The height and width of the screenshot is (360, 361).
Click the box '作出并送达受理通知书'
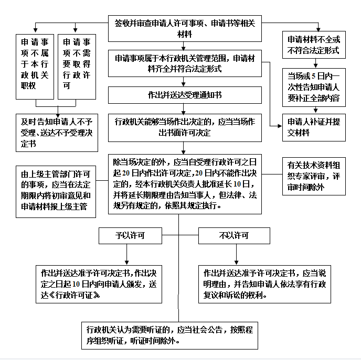pyautogui.click(x=185, y=95)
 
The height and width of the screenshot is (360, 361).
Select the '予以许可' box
pyautogui.click(x=130, y=236)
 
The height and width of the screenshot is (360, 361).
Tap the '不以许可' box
pyautogui.click(x=234, y=236)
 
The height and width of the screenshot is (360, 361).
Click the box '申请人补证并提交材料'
pyautogui.click(x=314, y=127)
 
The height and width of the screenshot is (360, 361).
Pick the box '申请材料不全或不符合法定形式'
pyautogui.click(x=314, y=45)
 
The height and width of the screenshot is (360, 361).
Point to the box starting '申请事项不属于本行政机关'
pyautogui.click(x=35, y=67)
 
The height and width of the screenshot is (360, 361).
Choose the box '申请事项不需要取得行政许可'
pyautogui.click(x=77, y=67)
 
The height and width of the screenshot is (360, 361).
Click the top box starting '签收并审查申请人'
pyautogui.click(x=185, y=28)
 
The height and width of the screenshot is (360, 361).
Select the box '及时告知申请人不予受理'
pyautogui.click(x=57, y=133)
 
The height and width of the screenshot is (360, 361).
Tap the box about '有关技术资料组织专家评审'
pyautogui.click(x=314, y=176)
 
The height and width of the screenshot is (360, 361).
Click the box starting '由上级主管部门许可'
pyautogui.click(x=56, y=191)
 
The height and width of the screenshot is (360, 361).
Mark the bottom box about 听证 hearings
pyautogui.click(x=169, y=335)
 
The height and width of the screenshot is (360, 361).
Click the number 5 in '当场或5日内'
pyautogui.click(x=313, y=76)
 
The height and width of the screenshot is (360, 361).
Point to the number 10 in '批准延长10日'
pyautogui.click(x=237, y=184)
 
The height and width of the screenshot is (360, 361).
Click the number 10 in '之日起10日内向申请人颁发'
pyautogui.click(x=76, y=285)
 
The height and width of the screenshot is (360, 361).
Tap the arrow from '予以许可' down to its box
pyautogui.click(x=126, y=255)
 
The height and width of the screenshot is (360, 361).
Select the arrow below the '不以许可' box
pyautogui.click(x=236, y=255)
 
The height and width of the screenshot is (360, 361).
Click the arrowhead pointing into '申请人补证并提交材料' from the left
pyautogui.click(x=280, y=126)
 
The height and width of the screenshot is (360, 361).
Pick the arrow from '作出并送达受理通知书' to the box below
pyautogui.click(x=183, y=109)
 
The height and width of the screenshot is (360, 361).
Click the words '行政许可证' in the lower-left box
pyautogui.click(x=75, y=295)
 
